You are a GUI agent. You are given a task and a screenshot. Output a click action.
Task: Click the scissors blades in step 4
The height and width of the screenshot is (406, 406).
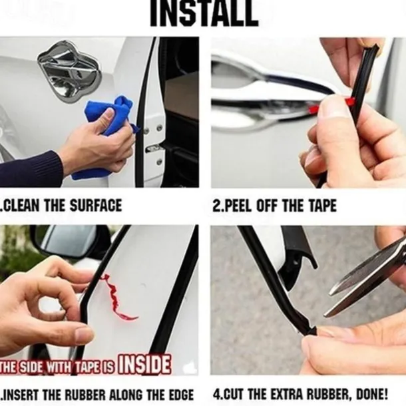click(366, 273)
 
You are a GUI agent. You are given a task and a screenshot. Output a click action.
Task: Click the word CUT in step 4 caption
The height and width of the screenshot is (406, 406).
click(234, 393)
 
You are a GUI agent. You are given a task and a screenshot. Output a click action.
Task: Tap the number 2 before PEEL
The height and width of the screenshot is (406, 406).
click(216, 205)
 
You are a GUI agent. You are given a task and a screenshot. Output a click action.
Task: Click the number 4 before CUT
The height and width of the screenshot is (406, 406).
click(216, 393)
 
